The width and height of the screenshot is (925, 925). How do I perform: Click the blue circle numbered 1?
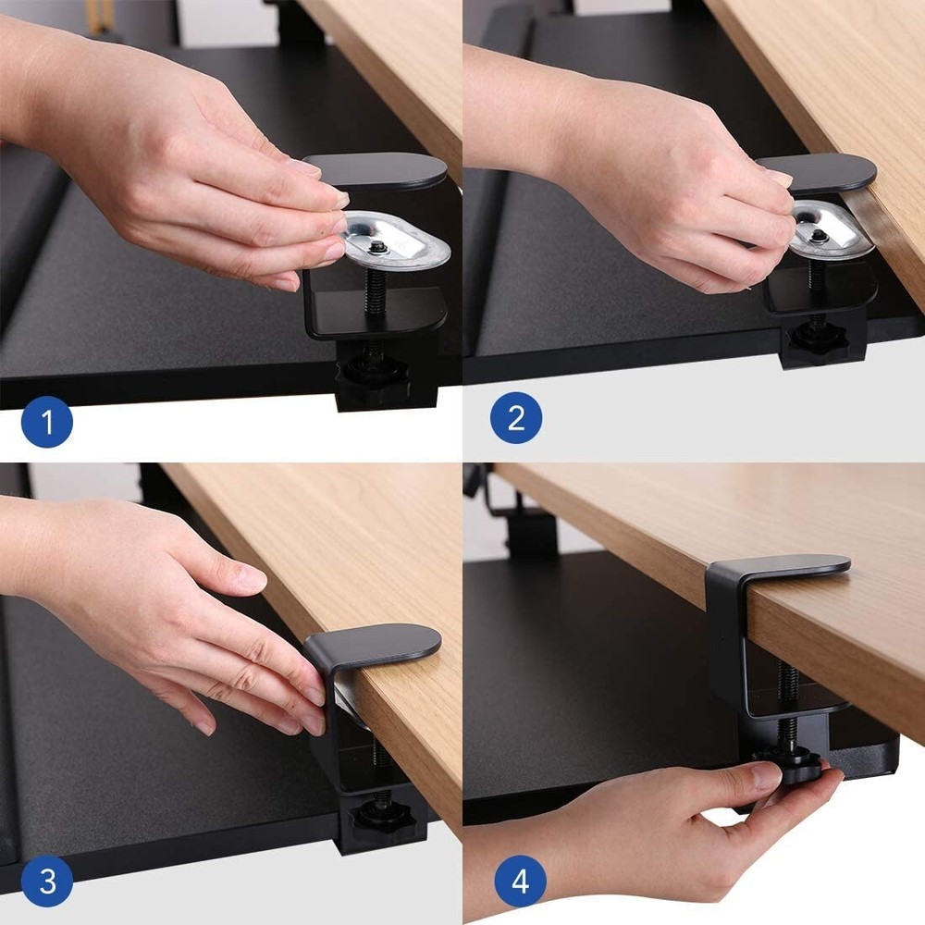click(x=46, y=423)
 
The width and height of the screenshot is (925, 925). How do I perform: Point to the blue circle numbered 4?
click(x=520, y=881)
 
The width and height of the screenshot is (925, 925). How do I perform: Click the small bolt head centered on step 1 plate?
click(x=378, y=248)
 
